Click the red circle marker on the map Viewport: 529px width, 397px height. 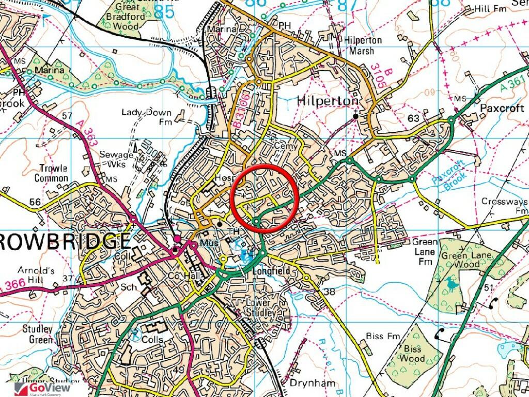(x=264, y=198)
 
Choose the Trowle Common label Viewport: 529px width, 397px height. (x=51, y=173)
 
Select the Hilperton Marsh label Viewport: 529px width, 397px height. (x=364, y=45)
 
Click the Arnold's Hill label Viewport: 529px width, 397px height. (x=37, y=274)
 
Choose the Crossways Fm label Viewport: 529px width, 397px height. (x=505, y=206)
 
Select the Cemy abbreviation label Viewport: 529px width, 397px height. (x=287, y=146)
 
